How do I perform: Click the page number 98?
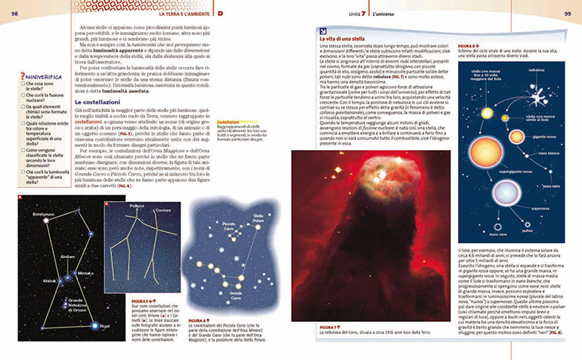[x=14, y=14]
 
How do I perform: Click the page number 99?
[x=567, y=14]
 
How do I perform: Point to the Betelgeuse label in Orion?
[x=44, y=215]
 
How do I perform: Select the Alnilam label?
[x=68, y=257]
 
